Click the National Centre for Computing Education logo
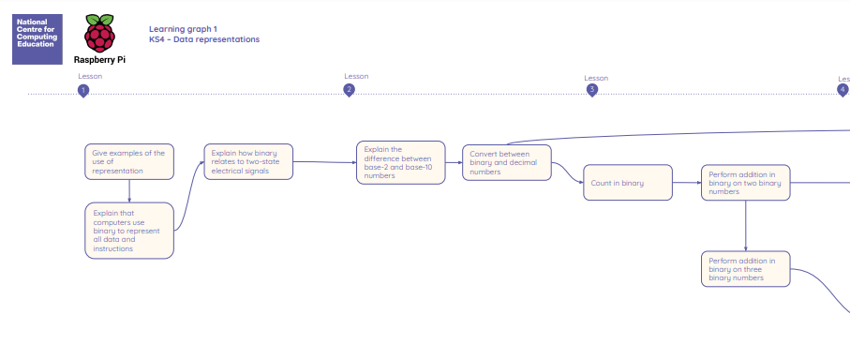37,39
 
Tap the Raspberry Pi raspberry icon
99,34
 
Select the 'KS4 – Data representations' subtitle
204,39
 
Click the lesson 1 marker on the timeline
83,90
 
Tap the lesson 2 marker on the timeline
350,90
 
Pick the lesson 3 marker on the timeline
592,90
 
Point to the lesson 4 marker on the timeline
843,90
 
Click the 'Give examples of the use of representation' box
129,161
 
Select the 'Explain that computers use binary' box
129,231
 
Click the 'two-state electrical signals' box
248,161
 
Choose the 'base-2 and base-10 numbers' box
400,162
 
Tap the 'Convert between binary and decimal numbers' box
507,162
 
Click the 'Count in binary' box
628,183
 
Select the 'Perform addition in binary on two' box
745,183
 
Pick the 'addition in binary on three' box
745,269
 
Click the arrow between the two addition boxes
745,226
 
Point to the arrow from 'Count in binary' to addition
687,183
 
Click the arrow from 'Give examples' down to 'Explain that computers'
129,191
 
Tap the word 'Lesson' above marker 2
356,77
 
